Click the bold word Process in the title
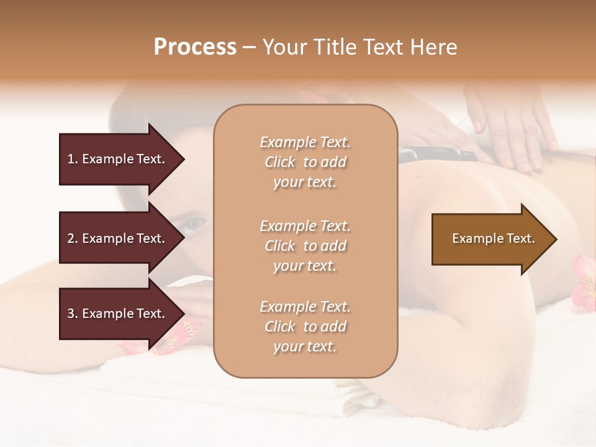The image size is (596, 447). (195, 47)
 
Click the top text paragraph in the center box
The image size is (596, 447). (305, 162)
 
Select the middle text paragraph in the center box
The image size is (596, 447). (305, 246)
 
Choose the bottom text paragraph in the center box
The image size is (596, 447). (305, 327)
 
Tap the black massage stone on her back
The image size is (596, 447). (435, 154)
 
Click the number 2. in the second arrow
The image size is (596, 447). (73, 238)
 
